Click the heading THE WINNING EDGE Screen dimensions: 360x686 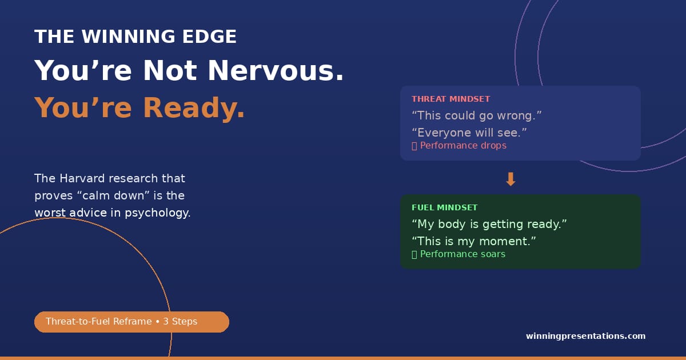135,37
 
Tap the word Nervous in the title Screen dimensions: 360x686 276,71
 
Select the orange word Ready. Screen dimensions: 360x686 194,107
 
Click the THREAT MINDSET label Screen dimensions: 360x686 451,99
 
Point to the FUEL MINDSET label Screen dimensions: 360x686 444,207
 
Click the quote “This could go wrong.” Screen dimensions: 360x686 477,115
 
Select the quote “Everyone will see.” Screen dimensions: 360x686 469,133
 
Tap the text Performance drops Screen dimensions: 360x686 463,146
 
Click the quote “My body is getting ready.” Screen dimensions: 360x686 489,224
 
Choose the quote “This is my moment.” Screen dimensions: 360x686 473,241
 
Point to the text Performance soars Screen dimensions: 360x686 462,254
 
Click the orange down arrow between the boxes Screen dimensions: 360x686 510,179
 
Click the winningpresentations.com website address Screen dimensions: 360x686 585,336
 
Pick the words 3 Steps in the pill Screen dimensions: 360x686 180,322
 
